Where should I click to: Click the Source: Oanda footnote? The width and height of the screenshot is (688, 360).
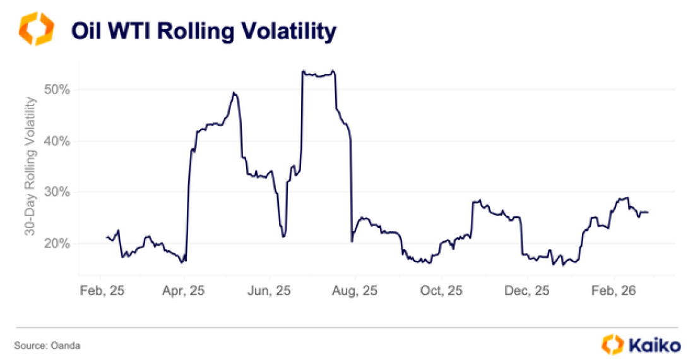click(47, 345)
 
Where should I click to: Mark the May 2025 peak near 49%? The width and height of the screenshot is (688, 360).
click(234, 93)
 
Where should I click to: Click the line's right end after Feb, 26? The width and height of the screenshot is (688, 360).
click(648, 212)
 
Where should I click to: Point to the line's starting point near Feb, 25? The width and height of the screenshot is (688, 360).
click(107, 237)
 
